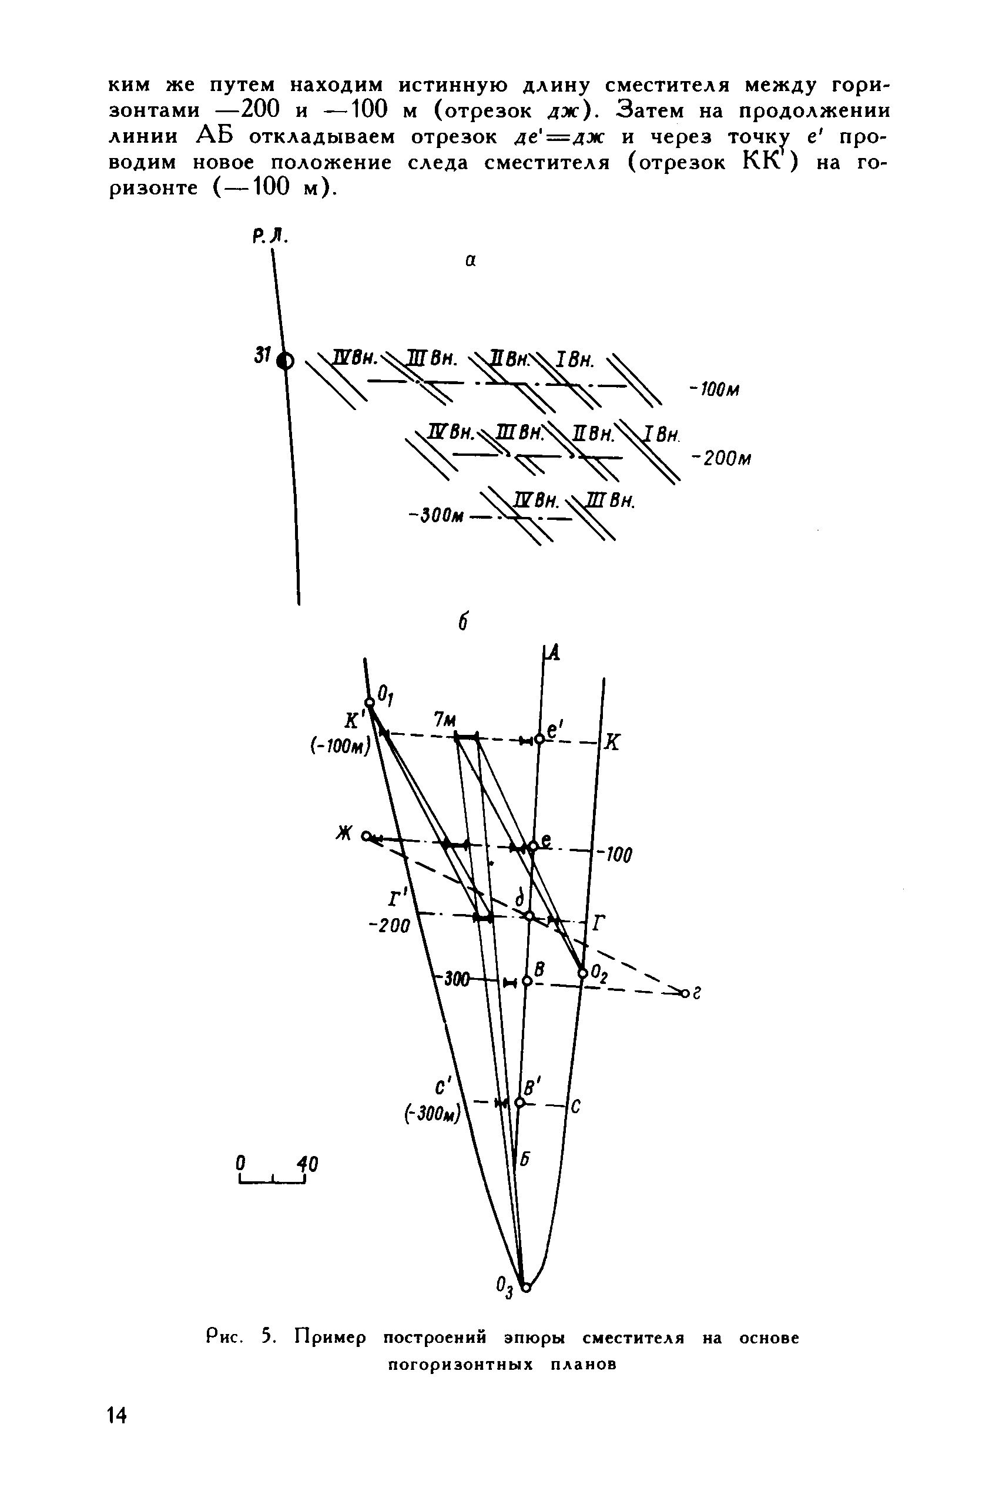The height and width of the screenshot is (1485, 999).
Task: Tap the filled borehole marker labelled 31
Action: pos(286,361)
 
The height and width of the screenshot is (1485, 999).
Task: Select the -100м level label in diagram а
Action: pos(714,389)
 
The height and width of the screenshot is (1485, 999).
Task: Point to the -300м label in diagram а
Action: pos(435,515)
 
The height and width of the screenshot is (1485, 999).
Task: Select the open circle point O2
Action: pos(582,973)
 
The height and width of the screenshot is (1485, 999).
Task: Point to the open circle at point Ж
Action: pos(366,835)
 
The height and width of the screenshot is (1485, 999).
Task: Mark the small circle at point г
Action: pos(685,993)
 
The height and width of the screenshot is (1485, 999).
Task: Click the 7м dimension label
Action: pos(445,720)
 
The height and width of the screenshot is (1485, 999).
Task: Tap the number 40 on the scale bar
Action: pos(309,1164)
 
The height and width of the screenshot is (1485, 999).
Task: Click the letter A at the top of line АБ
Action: pos(553,652)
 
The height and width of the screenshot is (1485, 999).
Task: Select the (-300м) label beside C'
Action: pos(432,1115)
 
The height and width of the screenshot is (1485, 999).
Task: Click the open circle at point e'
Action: pos(539,740)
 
